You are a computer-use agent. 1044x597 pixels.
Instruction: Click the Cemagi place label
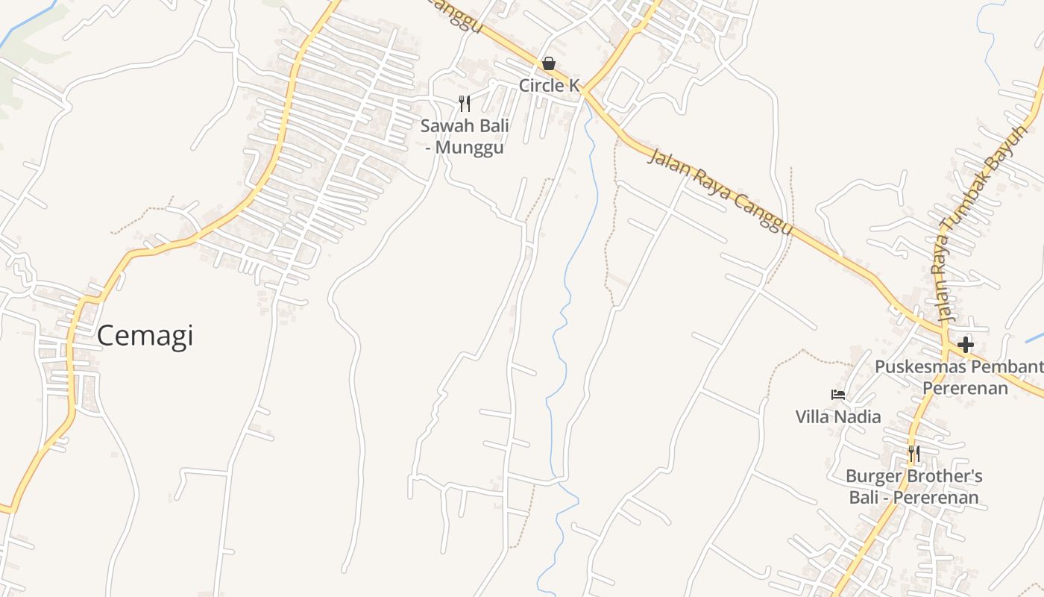[145, 336]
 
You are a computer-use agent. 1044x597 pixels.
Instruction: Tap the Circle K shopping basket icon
[549, 63]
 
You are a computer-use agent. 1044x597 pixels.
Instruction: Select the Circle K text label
[549, 86]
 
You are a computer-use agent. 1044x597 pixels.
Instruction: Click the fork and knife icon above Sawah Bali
[465, 104]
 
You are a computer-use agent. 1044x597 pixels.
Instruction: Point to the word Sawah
[444, 126]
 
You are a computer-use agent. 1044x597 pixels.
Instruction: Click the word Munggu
[469, 148]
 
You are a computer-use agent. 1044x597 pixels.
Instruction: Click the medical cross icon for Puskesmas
[966, 345]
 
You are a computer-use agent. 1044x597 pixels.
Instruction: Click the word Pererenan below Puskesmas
[965, 389]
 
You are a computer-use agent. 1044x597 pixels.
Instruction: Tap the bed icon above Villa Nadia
[838, 395]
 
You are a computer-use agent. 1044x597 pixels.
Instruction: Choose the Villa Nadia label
[838, 416]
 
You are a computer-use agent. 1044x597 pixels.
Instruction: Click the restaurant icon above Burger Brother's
[913, 454]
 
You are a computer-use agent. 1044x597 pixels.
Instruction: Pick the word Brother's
[943, 476]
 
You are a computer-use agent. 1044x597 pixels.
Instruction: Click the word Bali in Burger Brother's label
[865, 498]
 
